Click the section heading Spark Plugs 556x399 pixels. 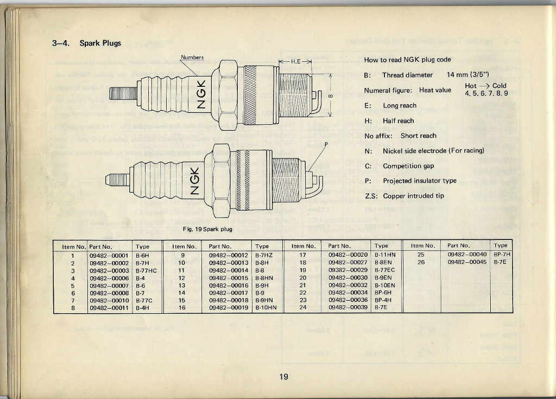point(100,43)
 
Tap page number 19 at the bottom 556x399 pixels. point(283,377)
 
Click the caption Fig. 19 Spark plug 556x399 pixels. point(207,229)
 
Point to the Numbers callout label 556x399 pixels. point(192,58)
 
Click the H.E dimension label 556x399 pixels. point(295,61)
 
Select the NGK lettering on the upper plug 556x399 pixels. point(201,94)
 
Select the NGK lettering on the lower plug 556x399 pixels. point(195,181)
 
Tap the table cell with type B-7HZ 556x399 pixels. point(264,255)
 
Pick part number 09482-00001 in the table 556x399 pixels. point(109,255)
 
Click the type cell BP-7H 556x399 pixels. point(502,254)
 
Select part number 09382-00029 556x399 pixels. point(348,270)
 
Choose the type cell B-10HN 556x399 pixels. point(266,307)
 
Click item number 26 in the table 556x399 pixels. point(421,262)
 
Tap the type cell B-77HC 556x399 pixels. point(146,270)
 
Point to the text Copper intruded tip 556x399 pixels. point(413,196)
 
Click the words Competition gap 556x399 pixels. point(408,166)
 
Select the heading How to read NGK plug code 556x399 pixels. point(407,60)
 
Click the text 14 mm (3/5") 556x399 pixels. point(467,74)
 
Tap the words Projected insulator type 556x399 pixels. point(420,181)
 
